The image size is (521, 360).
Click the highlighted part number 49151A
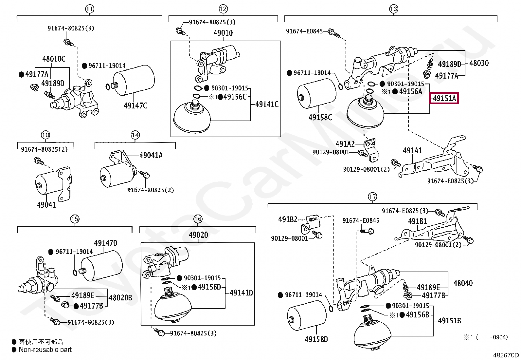[x=444, y=98]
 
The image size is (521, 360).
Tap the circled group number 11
[x=90, y=9]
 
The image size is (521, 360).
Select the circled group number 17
[x=372, y=197]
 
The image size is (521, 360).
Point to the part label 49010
[x=223, y=33]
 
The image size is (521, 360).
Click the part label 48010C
[x=54, y=59]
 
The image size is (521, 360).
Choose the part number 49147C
[x=135, y=105]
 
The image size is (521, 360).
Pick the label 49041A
[x=151, y=155]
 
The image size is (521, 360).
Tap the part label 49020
[x=198, y=235]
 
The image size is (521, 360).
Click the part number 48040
[x=463, y=283]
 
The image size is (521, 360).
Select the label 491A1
[x=412, y=151]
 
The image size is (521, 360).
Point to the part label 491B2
[x=288, y=219]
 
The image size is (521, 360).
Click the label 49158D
[x=316, y=339]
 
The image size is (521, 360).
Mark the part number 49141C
[x=267, y=104]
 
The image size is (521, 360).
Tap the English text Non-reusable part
[x=45, y=350]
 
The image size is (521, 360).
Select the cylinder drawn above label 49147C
[x=134, y=80]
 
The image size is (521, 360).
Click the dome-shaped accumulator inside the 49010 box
[x=192, y=116]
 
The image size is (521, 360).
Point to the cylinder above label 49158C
[x=317, y=93]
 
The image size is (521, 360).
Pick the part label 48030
[x=479, y=63]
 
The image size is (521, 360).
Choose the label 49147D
[x=106, y=243]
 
